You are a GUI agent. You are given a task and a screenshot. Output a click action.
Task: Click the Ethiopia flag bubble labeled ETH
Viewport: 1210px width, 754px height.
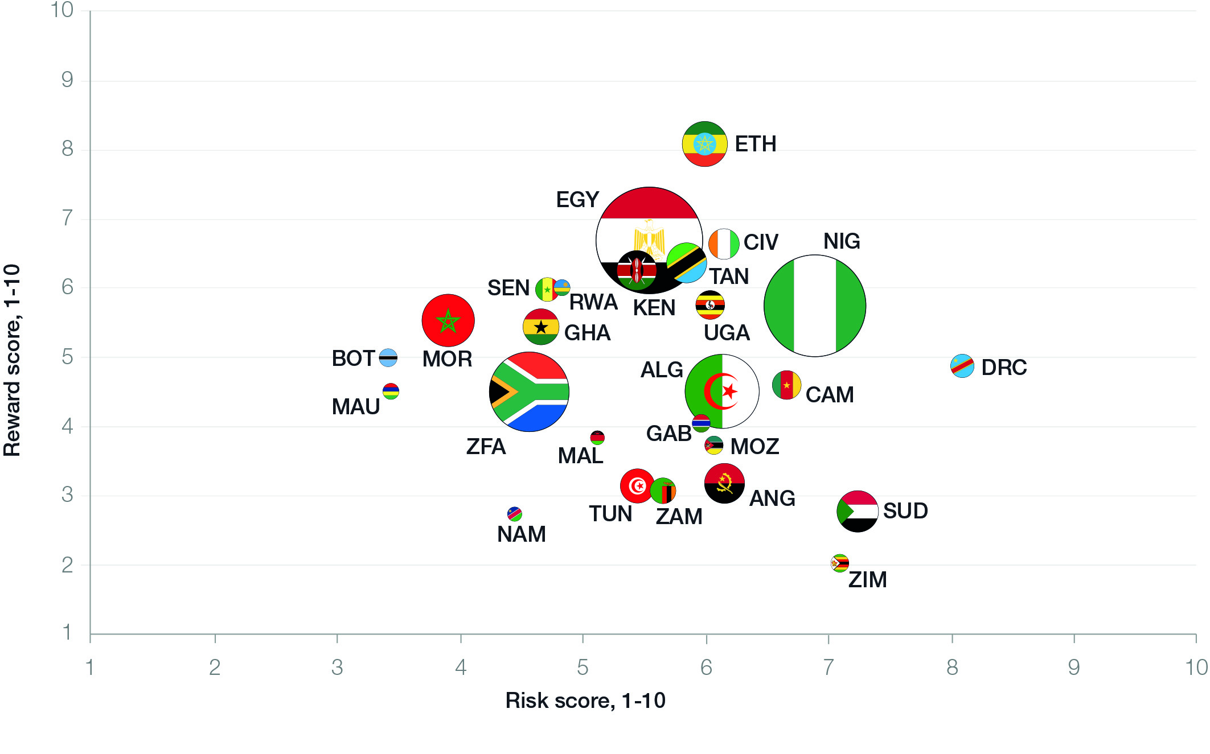(704, 144)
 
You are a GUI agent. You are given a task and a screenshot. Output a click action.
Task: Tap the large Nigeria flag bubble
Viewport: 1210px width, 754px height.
(814, 306)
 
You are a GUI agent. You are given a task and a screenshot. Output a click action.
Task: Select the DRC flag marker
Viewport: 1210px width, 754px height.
(962, 366)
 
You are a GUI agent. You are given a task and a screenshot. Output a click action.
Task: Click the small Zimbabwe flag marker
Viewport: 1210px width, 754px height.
(839, 563)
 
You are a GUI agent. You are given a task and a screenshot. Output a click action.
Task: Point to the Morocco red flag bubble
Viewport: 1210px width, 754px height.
(448, 320)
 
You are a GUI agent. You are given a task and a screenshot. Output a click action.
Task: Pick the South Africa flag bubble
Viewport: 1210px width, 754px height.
(529, 392)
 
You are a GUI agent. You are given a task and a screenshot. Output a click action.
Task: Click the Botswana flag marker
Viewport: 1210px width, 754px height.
(388, 357)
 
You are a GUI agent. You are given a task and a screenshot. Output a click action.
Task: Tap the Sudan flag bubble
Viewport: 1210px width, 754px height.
(858, 511)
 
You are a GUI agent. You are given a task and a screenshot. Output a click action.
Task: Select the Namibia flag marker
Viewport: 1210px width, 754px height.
(514, 514)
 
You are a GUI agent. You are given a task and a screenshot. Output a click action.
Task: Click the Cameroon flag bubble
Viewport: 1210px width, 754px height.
(786, 385)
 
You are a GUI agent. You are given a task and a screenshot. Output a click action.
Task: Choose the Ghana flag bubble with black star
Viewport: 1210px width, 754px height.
(540, 327)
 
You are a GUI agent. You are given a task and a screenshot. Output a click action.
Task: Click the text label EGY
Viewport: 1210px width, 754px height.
(577, 200)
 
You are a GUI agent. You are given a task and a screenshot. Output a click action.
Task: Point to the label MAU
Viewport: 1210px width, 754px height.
(355, 407)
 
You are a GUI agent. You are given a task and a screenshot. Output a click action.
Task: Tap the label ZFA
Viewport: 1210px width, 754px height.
(486, 447)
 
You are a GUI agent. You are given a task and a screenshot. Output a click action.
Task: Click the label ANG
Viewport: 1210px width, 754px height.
(772, 498)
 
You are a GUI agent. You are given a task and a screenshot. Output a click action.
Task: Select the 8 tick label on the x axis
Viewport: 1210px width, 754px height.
(952, 668)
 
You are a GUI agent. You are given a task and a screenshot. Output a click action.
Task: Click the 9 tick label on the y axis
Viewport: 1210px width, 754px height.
(67, 80)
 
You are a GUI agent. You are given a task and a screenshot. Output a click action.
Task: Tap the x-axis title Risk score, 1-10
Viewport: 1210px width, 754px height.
(585, 701)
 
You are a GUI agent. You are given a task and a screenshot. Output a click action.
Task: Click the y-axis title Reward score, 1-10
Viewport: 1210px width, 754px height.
(13, 360)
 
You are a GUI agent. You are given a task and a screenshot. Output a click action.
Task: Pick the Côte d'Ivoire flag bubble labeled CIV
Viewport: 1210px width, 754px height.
(723, 244)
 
